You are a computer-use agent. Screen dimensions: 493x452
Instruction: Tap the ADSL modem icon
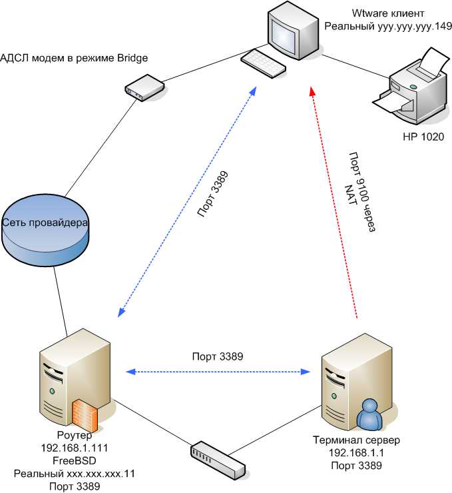pyautogui.click(x=144, y=87)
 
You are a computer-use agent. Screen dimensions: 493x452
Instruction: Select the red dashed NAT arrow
pyautogui.click(x=335, y=200)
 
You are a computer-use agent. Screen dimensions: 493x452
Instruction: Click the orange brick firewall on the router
pyautogui.click(x=85, y=414)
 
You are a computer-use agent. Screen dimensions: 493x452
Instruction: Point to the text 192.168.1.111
pyautogui.click(x=74, y=448)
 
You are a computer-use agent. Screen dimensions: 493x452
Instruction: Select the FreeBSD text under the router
pyautogui.click(x=74, y=460)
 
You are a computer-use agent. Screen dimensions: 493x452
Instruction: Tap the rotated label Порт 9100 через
pyautogui.click(x=363, y=189)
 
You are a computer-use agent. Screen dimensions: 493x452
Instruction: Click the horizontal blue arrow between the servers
pyautogui.click(x=220, y=370)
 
